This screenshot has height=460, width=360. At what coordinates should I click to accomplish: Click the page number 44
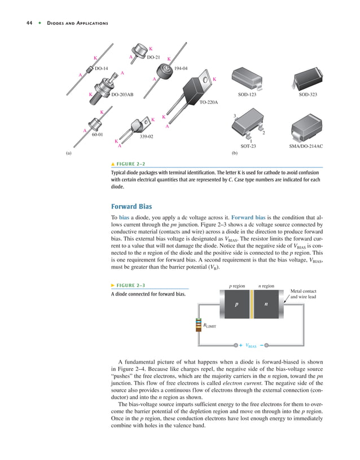tap(29, 23)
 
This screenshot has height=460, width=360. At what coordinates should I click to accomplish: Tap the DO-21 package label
tap(153, 57)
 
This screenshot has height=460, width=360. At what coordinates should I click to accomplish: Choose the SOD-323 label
tap(308, 95)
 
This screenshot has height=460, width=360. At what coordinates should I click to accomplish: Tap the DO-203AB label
tap(122, 95)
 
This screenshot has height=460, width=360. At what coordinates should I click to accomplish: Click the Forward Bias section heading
tap(133, 206)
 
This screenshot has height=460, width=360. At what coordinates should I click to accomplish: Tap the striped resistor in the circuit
tap(199, 326)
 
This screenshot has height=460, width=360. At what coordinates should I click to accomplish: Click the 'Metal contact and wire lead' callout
tap(303, 294)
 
